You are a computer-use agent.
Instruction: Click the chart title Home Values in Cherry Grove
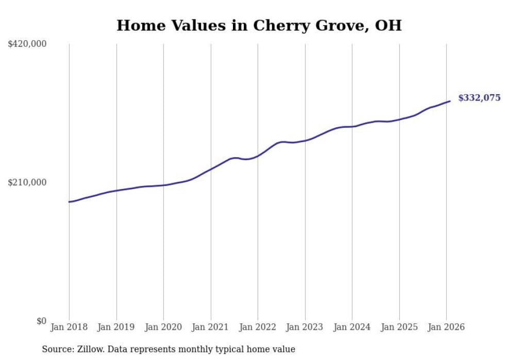[259, 25]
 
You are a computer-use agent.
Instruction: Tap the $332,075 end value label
[479, 98]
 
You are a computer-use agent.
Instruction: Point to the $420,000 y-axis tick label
[27, 44]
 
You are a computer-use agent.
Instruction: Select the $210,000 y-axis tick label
[27, 182]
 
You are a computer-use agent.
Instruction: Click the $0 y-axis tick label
[41, 321]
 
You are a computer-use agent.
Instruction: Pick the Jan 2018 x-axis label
[69, 327]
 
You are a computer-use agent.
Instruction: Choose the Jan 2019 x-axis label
[116, 327]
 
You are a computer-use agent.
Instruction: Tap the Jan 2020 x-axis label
[163, 327]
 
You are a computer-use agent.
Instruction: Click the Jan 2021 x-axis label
[210, 327]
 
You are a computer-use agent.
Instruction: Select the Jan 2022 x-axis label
[258, 327]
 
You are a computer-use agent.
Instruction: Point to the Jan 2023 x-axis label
[305, 327]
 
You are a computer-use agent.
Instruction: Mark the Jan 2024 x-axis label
[352, 327]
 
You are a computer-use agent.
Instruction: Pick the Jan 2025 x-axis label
[399, 327]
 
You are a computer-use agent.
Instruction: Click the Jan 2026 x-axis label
[446, 327]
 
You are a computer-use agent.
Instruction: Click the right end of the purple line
[450, 101]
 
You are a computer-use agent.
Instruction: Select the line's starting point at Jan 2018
[69, 202]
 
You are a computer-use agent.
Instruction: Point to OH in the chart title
[390, 25]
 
